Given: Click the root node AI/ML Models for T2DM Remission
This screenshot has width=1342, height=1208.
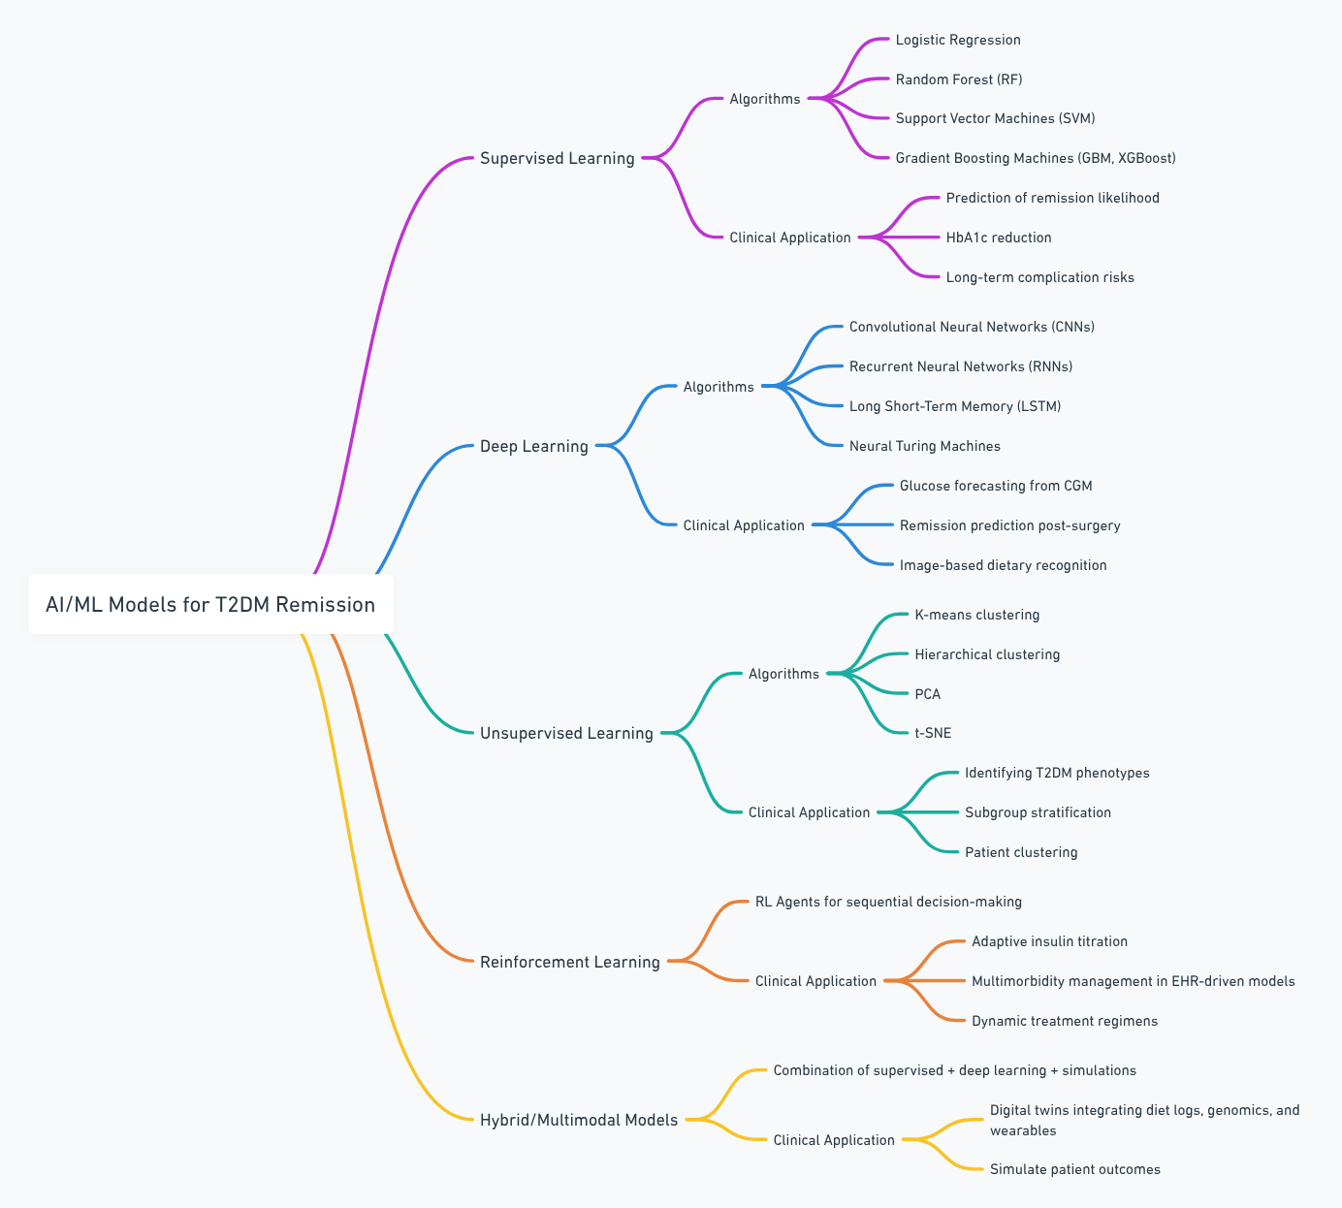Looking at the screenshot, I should [x=210, y=604].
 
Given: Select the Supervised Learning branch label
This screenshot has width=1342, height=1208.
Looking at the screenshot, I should [x=557, y=158].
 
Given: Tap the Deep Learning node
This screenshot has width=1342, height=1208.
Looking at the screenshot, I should [x=533, y=446].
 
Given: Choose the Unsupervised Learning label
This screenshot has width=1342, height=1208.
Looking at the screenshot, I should [x=566, y=733].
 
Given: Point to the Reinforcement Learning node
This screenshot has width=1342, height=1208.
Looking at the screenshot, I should [x=569, y=962].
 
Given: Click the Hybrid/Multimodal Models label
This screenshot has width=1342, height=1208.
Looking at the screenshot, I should [x=579, y=1120].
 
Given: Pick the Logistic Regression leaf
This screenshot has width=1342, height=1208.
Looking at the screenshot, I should [x=957, y=40].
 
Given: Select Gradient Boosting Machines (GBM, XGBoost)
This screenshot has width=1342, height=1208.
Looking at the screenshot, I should [x=1035, y=158].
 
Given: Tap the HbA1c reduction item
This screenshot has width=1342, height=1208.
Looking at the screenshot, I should [x=998, y=238].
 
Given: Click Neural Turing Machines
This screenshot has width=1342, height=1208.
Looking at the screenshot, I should [x=924, y=446].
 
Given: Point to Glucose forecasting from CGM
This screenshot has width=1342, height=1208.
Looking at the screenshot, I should [x=995, y=486].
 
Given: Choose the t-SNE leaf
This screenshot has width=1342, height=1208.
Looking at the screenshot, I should [x=933, y=733].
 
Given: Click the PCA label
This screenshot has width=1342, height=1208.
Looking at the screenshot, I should [x=927, y=694].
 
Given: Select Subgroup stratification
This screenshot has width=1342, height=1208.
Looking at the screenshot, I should [x=1038, y=812].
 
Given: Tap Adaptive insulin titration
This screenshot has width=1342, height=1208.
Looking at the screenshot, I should [x=1049, y=941].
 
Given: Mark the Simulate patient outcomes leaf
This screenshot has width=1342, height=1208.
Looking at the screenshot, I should [x=1074, y=1169].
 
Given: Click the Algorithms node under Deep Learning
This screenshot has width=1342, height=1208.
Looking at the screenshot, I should [x=718, y=387].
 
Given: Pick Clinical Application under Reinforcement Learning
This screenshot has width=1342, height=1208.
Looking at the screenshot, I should [x=815, y=981].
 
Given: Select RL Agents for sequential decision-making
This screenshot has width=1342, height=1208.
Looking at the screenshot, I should [x=888, y=902].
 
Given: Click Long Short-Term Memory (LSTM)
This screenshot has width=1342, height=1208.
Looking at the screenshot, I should [x=954, y=406].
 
